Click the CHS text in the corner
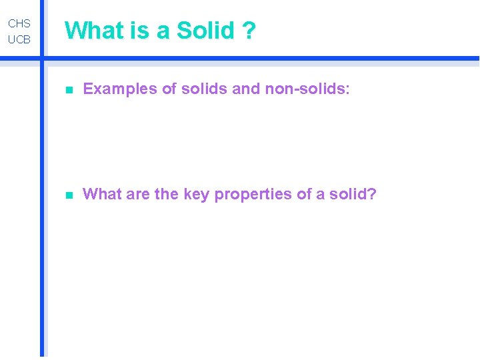19,23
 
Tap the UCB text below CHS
19,40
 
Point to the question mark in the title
249,31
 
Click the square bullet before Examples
69,90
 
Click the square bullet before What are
69,195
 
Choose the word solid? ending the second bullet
355,195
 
